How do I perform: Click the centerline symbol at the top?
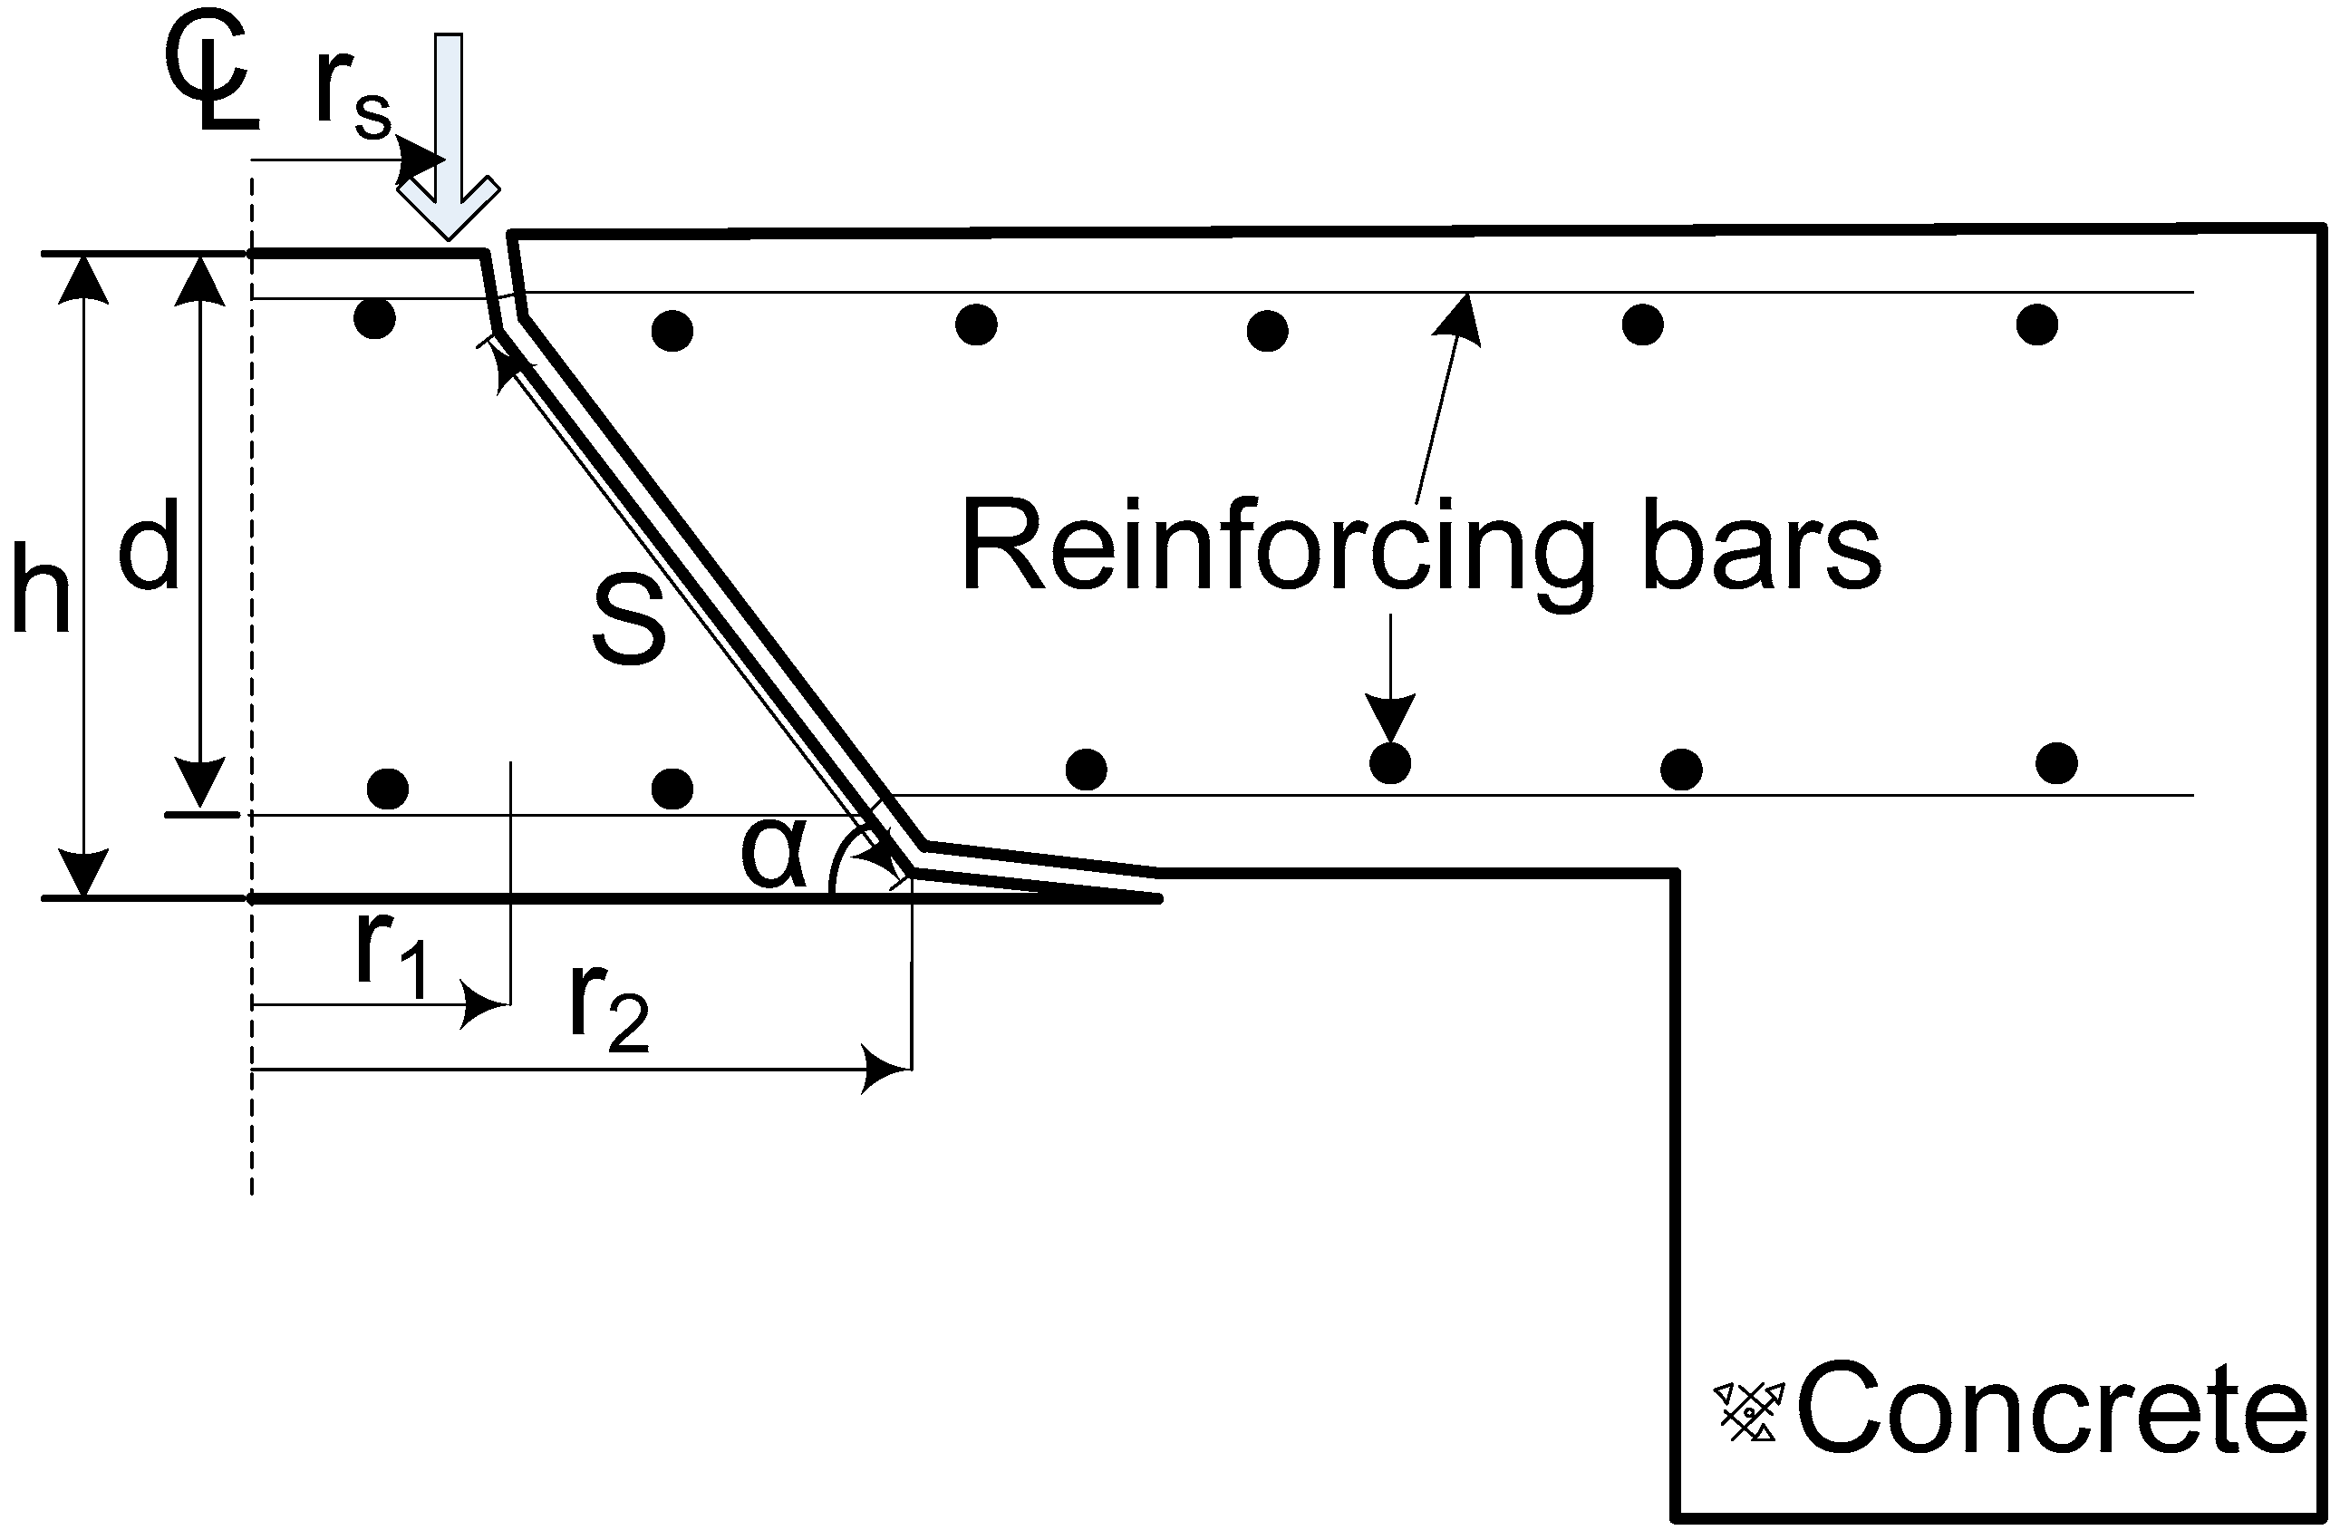click(x=211, y=83)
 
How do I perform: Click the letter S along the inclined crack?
click(x=629, y=621)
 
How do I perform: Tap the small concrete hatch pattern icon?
click(x=1750, y=1412)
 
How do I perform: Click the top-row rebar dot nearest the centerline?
click(x=374, y=319)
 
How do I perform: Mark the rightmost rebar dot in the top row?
click(x=2037, y=324)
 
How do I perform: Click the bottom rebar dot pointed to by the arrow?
click(x=1390, y=763)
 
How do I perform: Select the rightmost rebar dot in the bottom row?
click(x=2057, y=763)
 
